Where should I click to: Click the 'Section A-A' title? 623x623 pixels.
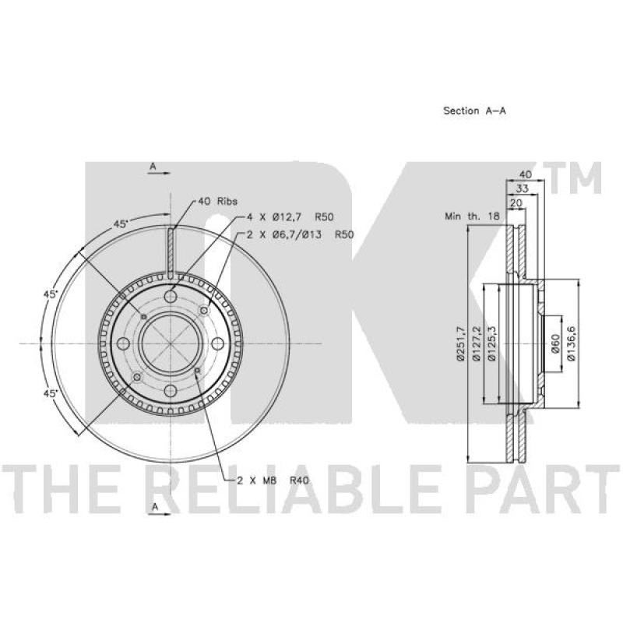click(474, 111)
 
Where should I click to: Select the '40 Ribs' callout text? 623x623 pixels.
click(217, 202)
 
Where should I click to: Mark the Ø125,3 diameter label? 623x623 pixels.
click(491, 343)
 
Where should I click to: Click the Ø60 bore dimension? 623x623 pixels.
click(556, 343)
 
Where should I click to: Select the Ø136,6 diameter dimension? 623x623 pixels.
click(572, 343)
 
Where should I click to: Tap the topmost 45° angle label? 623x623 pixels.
click(120, 224)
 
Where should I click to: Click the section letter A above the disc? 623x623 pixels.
click(153, 167)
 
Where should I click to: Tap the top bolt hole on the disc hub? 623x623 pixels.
click(172, 296)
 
